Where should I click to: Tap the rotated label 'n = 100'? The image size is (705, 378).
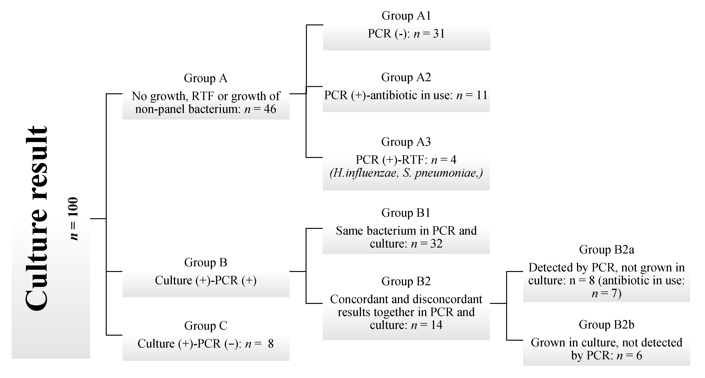pyautogui.click(x=74, y=218)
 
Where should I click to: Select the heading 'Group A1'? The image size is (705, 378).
pyautogui.click(x=406, y=16)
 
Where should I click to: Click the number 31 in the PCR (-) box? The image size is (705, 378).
pyautogui.click(x=439, y=34)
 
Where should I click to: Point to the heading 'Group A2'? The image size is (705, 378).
pyautogui.click(x=406, y=77)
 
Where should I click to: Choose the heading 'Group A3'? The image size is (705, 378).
pyautogui.click(x=406, y=142)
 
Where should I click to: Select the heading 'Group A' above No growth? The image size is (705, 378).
pyautogui.click(x=206, y=78)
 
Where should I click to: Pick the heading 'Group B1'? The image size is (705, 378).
pyautogui.click(x=406, y=213)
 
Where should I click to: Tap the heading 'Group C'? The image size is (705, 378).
pyautogui.click(x=206, y=326)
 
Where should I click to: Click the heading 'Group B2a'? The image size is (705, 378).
pyautogui.click(x=606, y=250)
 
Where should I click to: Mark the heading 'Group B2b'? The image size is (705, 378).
pyautogui.click(x=606, y=325)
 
